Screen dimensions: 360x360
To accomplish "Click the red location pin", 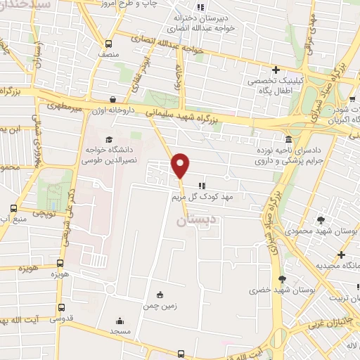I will (181, 165).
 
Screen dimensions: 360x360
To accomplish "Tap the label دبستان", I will (190, 220).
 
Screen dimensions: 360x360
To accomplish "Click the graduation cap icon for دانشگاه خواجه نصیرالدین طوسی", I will (108, 139).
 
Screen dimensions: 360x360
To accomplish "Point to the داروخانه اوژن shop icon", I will (114, 99).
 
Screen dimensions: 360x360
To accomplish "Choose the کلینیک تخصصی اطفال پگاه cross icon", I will (276, 70).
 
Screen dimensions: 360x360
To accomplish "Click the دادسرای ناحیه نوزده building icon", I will (289, 139).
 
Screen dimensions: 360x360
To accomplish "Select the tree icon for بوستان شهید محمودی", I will (321, 220).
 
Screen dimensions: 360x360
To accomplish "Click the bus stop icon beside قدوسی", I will (61, 307).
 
